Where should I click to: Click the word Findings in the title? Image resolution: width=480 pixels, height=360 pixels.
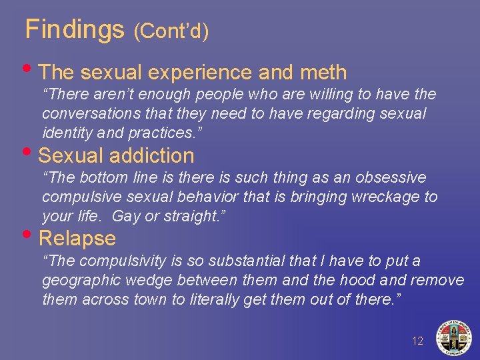(x=75, y=29)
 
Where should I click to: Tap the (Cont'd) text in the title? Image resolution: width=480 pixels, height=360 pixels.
(x=171, y=31)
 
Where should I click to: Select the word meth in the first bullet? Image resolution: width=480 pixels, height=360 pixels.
(x=324, y=72)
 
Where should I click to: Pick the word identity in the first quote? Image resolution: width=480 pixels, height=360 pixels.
(x=65, y=132)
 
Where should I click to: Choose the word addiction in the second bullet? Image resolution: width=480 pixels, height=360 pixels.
(x=152, y=155)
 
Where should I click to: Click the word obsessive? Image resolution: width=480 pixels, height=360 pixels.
(x=389, y=178)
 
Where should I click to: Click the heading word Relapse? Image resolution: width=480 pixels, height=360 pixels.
(x=77, y=238)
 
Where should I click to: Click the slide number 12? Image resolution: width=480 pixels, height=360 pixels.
(x=417, y=341)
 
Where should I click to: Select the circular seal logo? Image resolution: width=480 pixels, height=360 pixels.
(x=453, y=337)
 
